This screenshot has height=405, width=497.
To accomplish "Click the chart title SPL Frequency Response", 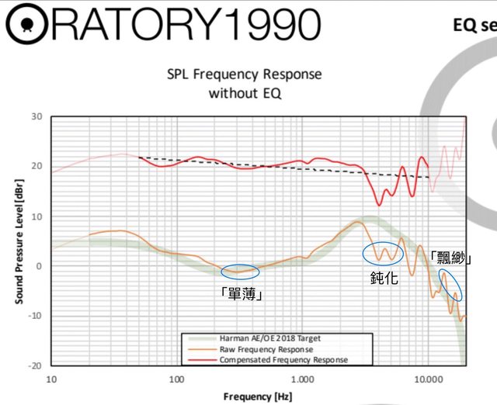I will click(245, 75).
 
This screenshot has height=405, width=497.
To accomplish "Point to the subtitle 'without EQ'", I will click(245, 93).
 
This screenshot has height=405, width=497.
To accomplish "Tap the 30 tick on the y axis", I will click(36, 116).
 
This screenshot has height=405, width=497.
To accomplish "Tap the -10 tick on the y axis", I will click(34, 316).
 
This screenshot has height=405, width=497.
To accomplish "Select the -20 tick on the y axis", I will click(34, 365).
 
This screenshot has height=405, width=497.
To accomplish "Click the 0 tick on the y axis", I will click(39, 266).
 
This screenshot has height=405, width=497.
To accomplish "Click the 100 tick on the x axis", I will click(176, 379).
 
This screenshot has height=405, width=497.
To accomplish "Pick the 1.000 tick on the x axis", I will click(302, 379).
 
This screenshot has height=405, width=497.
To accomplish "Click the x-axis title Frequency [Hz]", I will click(259, 396).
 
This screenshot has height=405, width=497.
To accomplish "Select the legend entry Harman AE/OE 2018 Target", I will click(269, 338).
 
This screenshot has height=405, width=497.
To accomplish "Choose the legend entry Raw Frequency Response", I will click(262, 349).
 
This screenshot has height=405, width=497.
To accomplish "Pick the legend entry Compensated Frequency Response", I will click(283, 360).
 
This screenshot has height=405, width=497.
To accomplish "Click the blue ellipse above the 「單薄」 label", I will click(240, 272).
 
